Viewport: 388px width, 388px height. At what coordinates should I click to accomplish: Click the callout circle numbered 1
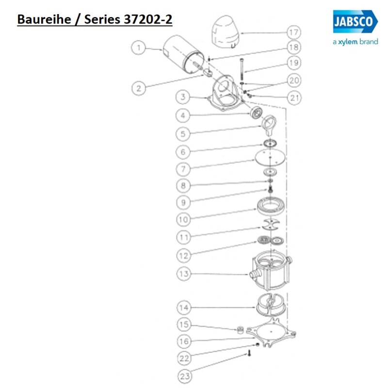pos(139,48)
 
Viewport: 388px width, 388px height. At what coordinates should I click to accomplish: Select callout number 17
pos(293,33)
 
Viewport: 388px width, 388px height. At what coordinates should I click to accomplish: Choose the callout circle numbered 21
pos(293,97)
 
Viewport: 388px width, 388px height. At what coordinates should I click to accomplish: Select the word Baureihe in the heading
pos(41,20)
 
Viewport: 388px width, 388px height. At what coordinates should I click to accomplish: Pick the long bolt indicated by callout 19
pos(241,70)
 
